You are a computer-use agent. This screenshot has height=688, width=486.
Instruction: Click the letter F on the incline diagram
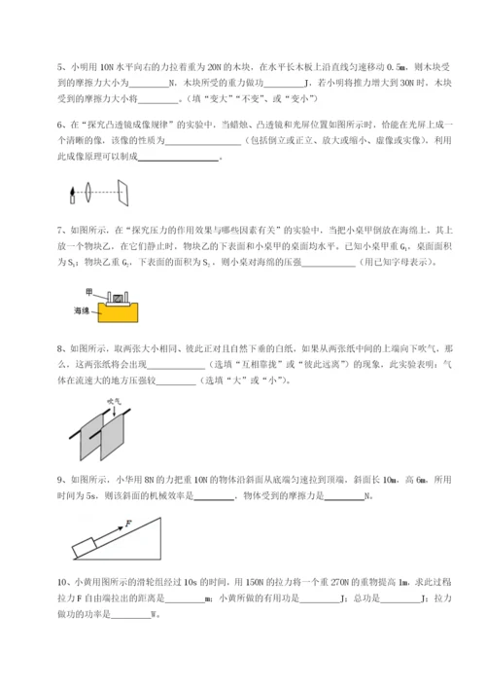(127, 525)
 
